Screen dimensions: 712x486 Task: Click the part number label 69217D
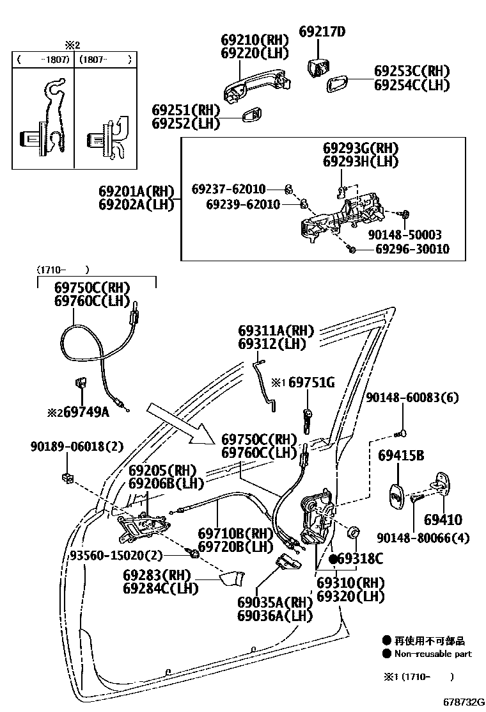coord(322,31)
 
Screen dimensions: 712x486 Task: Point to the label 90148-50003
coord(404,235)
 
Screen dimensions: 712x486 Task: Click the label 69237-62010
coord(228,189)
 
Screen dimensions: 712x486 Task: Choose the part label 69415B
coord(401,456)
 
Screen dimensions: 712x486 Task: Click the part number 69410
coord(443,519)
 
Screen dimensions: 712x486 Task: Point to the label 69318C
coord(359,560)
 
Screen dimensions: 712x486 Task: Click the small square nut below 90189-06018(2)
coord(67,477)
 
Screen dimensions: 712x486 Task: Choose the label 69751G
coord(311,383)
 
